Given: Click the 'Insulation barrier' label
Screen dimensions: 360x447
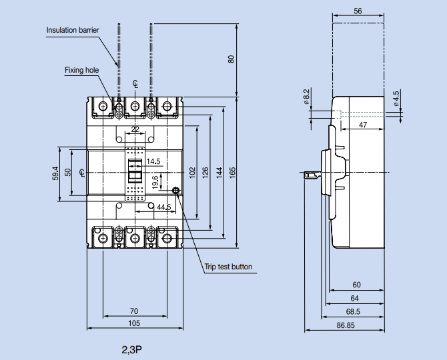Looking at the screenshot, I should (x=73, y=30).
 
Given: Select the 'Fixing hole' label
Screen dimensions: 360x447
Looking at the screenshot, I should (x=81, y=69).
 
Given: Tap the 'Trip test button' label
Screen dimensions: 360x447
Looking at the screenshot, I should (x=228, y=267).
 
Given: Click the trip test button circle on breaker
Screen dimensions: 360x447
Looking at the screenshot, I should (x=176, y=191).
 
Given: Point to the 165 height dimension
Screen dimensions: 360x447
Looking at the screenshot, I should (x=232, y=171).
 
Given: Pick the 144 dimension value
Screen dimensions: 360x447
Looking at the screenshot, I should (x=219, y=172).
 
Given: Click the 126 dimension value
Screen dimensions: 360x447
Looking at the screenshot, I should (x=205, y=172).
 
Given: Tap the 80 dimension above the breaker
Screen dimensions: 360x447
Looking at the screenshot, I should (x=231, y=59).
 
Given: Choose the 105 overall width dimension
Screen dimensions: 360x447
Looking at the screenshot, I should (x=134, y=323).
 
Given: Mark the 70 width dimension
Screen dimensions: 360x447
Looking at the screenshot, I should (x=134, y=311).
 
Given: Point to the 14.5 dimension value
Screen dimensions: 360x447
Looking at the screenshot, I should (x=153, y=161).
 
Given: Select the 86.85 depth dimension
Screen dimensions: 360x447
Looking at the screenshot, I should (x=345, y=325).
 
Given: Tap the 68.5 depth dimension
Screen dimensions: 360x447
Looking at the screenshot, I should (x=353, y=311).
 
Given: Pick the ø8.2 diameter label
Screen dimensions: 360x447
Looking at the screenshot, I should (x=306, y=97).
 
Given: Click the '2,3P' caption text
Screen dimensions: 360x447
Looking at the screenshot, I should (x=132, y=349).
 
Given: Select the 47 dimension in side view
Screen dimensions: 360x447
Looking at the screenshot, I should (x=362, y=125).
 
